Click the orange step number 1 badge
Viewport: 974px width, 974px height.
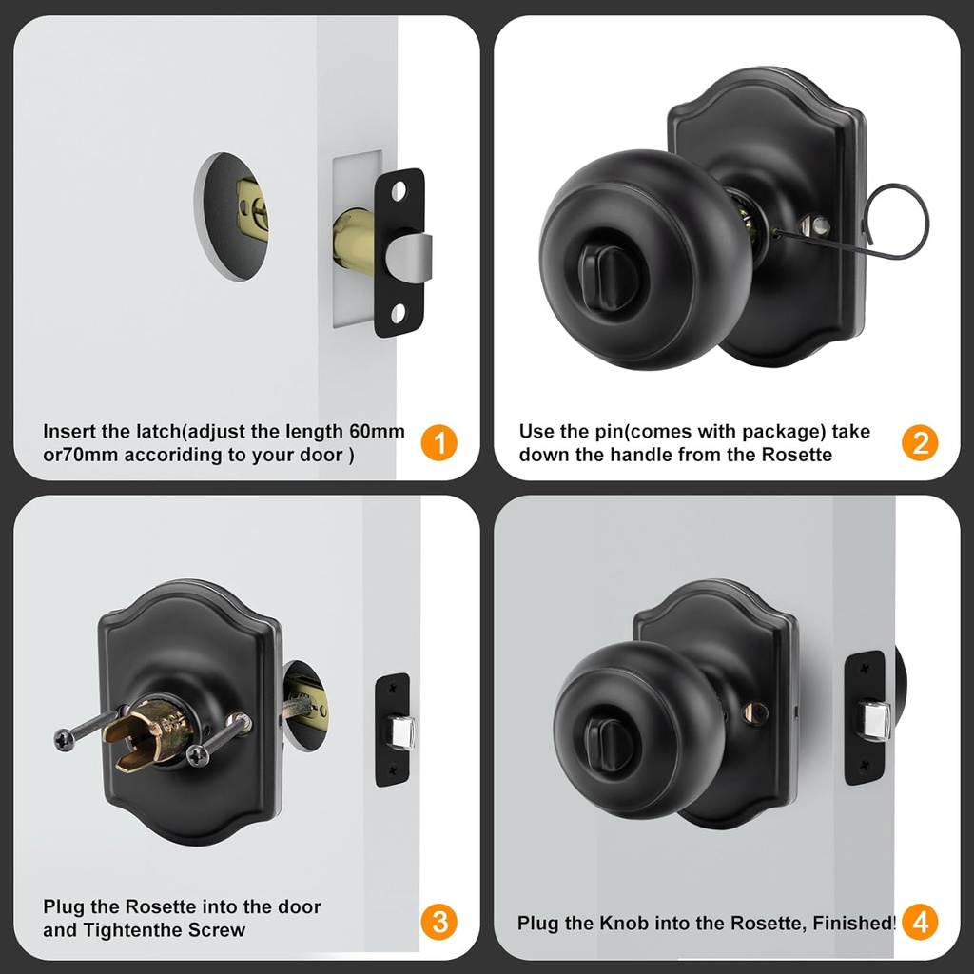point(438,442)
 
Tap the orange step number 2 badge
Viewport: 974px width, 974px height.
point(920,442)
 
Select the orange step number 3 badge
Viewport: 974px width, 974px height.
point(438,921)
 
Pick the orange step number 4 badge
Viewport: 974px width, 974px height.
point(920,921)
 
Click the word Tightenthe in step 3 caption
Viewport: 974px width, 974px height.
point(129,929)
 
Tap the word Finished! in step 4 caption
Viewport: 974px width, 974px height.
point(854,923)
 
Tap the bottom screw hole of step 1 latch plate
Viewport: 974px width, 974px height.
point(399,310)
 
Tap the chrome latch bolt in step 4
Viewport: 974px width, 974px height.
point(874,719)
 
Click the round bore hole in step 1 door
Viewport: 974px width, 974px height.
point(232,217)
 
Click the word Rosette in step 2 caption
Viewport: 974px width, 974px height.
point(797,455)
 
